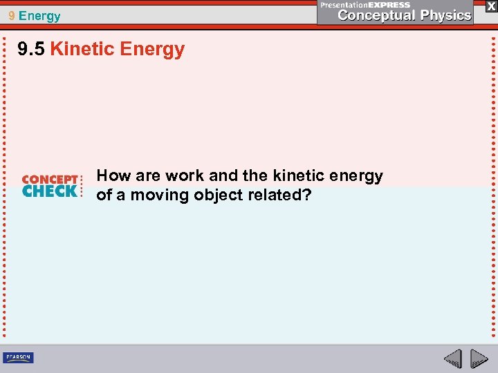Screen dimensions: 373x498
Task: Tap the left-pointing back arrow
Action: coord(452,358)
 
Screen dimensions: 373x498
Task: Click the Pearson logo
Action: coord(18,357)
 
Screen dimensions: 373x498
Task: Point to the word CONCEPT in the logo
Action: coord(50,180)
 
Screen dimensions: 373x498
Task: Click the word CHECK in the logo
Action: coord(50,191)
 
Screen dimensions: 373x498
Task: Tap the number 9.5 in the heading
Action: coord(31,50)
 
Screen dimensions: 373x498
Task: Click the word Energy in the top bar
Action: coord(40,16)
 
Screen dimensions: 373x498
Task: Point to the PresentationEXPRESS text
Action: coord(366,4)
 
